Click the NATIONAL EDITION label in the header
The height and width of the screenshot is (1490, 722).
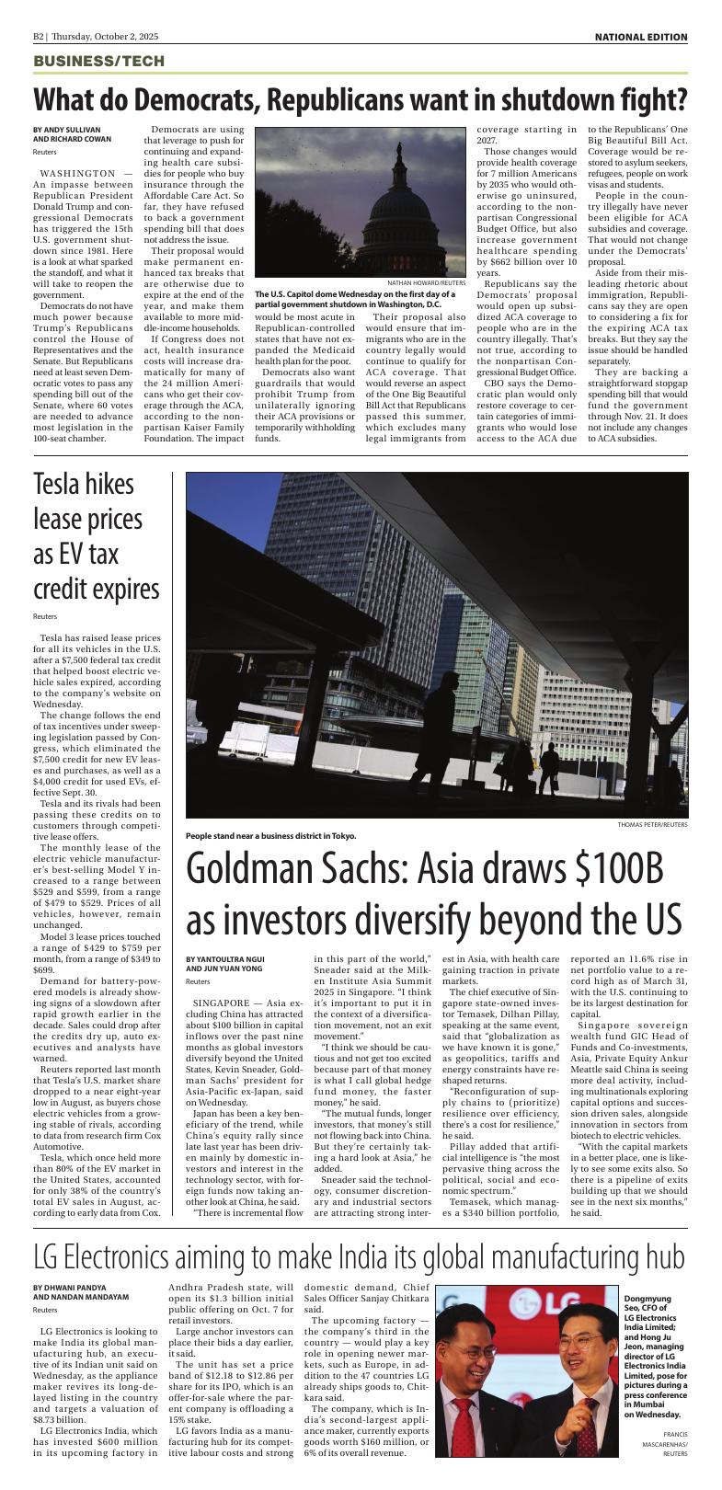click(x=640, y=37)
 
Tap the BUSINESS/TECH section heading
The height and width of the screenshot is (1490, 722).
click(x=98, y=61)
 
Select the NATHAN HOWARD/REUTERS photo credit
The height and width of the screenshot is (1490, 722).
click(x=425, y=283)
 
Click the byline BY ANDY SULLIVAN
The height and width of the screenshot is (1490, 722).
click(x=67, y=130)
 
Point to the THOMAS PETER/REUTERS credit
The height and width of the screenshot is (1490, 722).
click(x=652, y=824)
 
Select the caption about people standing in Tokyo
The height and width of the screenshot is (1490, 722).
click(x=270, y=835)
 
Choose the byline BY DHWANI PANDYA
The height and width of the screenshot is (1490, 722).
click(x=69, y=1287)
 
